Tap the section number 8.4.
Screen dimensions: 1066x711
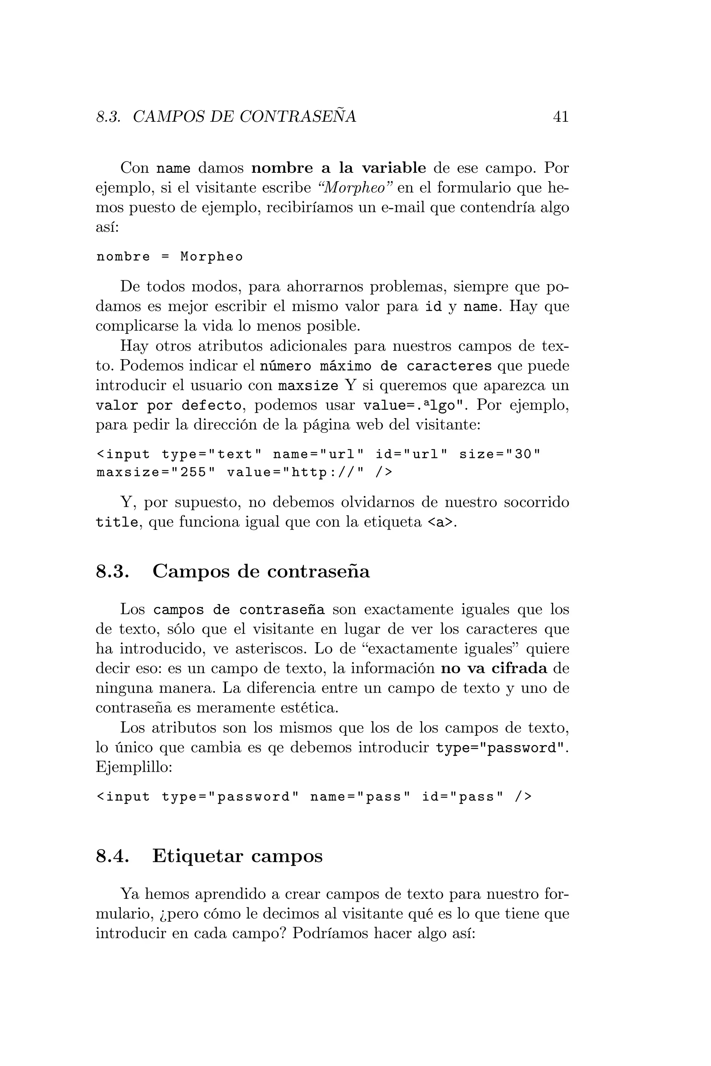point(113,856)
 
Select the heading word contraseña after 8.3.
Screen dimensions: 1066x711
point(318,571)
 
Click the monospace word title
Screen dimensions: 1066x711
point(117,523)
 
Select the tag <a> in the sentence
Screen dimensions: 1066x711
point(440,523)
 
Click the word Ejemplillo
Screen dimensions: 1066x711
point(134,767)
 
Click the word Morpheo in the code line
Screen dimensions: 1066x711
point(212,257)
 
